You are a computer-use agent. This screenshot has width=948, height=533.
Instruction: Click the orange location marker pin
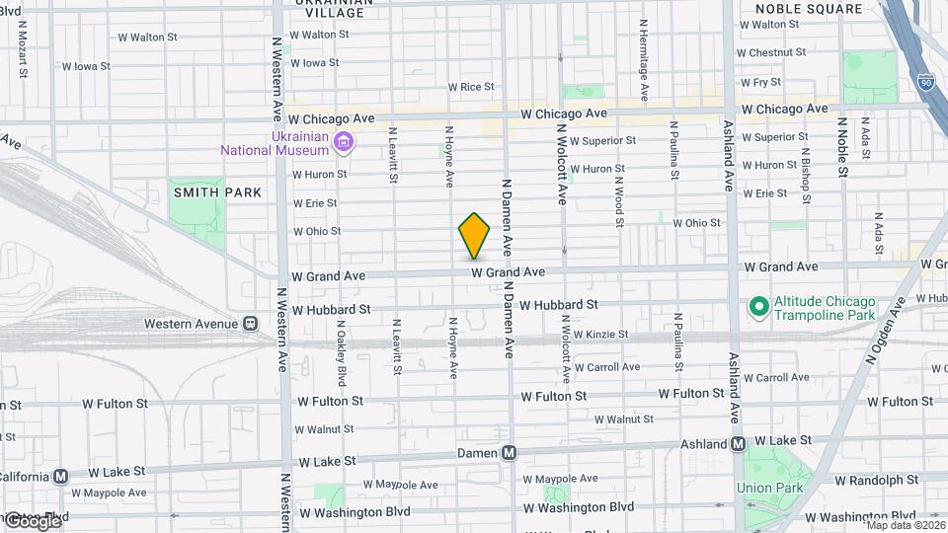click(475, 236)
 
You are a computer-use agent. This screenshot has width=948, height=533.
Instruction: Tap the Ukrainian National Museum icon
click(344, 142)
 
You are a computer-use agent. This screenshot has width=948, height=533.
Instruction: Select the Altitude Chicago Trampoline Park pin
click(758, 307)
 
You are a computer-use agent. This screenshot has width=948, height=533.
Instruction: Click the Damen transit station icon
click(510, 453)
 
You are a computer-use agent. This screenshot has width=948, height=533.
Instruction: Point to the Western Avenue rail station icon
click(251, 323)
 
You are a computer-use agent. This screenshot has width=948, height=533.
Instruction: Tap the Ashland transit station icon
click(738, 444)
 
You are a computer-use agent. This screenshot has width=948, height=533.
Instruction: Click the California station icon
click(61, 476)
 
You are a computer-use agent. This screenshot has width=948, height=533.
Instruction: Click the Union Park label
click(768, 488)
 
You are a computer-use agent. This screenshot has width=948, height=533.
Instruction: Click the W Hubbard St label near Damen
click(559, 306)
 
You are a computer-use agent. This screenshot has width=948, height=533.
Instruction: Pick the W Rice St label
click(471, 87)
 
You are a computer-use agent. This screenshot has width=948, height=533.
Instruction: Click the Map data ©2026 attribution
click(904, 525)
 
